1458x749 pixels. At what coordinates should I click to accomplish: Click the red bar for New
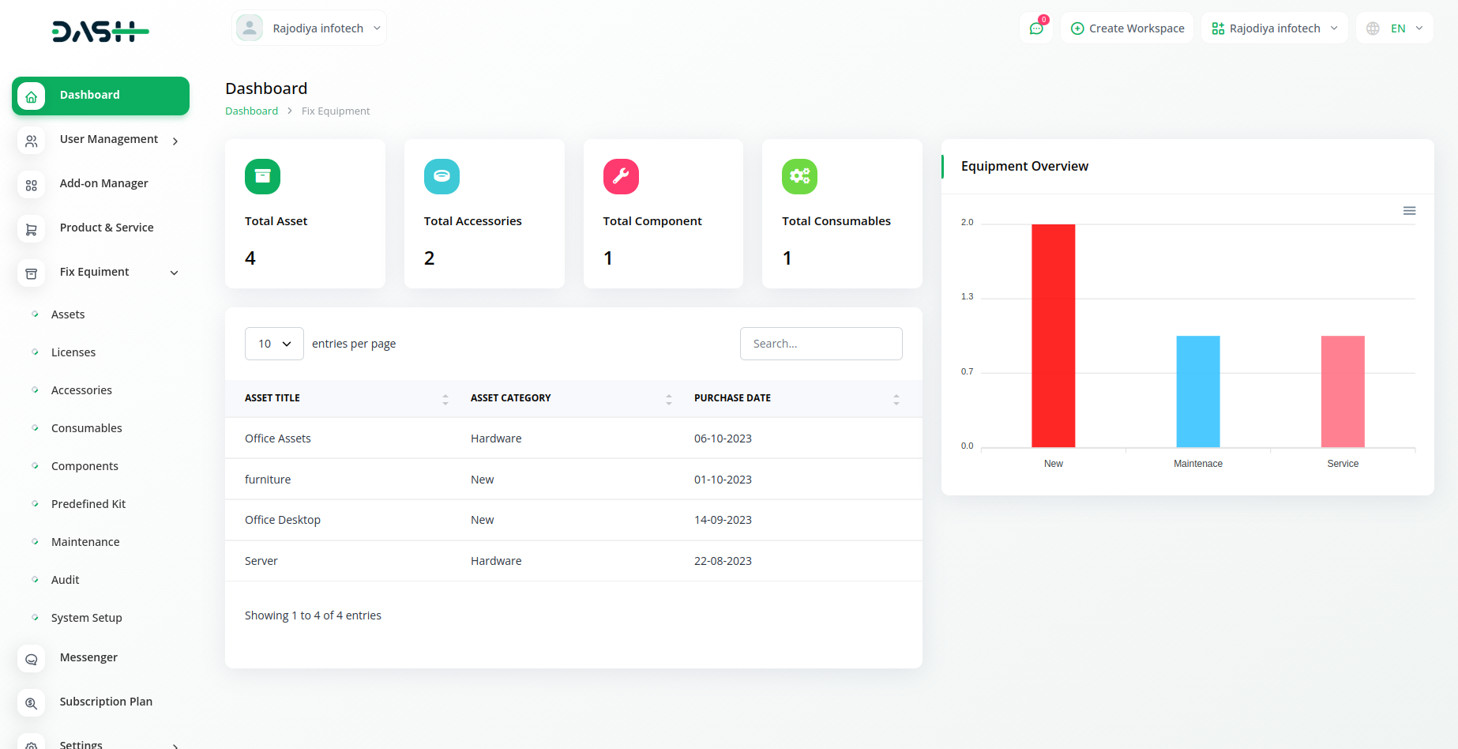pos(1053,336)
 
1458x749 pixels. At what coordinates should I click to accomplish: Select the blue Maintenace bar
pos(1197,391)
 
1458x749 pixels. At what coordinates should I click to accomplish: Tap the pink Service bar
pos(1343,391)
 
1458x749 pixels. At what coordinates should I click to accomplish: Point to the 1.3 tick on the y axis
pos(967,297)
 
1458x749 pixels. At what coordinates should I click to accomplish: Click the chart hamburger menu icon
pos(1409,211)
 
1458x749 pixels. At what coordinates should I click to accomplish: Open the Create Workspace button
pos(1127,28)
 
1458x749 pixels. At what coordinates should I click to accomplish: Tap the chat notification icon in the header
pos(1036,28)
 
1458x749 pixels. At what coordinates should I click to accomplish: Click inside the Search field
pos(821,344)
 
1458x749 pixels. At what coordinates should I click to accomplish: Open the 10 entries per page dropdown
pos(274,344)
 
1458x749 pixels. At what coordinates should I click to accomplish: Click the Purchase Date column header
pos(732,398)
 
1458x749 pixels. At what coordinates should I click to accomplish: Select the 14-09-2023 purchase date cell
pos(723,520)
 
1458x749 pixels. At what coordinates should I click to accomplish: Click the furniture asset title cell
pos(268,480)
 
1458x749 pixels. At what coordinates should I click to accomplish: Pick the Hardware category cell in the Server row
pos(496,561)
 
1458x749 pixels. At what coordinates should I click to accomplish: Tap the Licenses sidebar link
pos(73,352)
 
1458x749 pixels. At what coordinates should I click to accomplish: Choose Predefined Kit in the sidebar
pos(88,504)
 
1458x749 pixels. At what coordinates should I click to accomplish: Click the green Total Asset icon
pos(262,176)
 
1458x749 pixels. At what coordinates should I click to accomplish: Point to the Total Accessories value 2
pos(429,258)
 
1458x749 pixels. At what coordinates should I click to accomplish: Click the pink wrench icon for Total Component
pos(621,176)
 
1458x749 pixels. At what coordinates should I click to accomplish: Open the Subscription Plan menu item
pos(106,702)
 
